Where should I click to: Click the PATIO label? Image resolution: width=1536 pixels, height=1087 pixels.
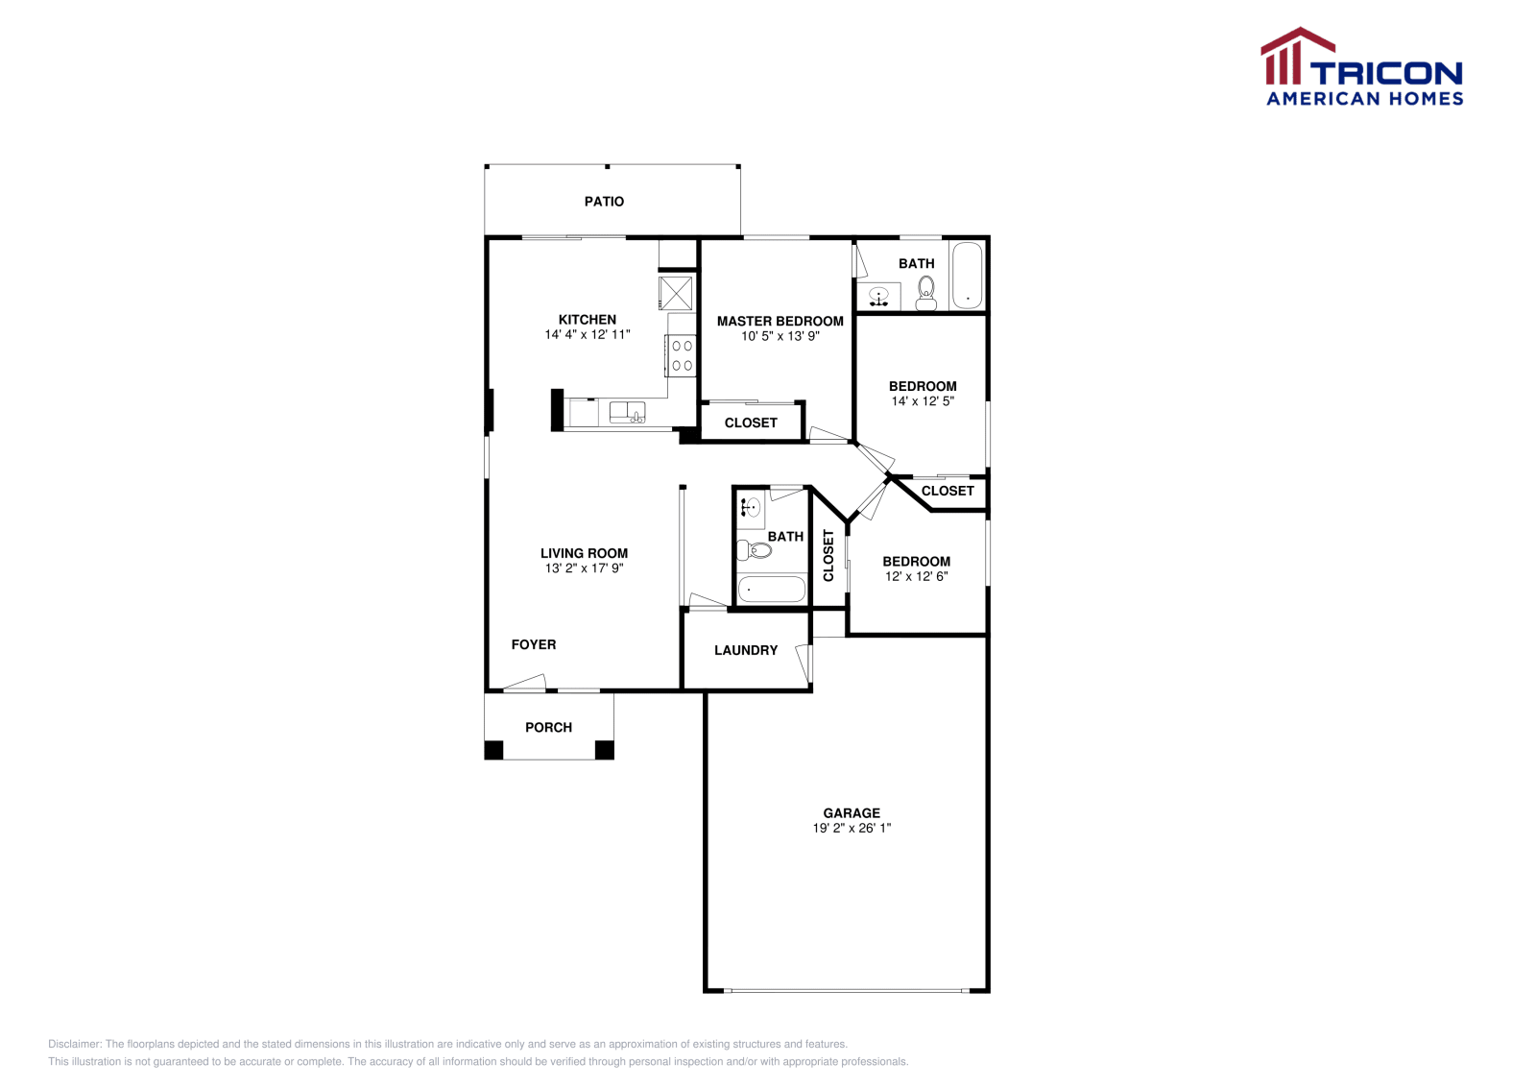pos(604,202)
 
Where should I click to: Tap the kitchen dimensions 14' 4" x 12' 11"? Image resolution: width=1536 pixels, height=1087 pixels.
pos(588,335)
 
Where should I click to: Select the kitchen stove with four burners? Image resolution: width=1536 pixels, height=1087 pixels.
pos(682,355)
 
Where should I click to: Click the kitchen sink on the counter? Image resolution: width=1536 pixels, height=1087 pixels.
pos(627,413)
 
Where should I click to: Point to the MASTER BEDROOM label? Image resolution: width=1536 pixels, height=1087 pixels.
pos(780,322)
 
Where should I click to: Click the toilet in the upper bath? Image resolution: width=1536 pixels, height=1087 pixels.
pos(925,292)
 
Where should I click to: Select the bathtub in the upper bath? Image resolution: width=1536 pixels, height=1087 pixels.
pos(967,275)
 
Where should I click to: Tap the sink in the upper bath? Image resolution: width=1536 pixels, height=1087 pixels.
pos(878,297)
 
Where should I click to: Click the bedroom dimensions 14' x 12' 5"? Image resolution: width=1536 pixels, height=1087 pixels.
pos(923,401)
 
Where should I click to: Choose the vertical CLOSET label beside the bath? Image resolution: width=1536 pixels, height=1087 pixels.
pos(828,555)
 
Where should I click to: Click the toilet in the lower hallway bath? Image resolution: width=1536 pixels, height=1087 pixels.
pos(755,550)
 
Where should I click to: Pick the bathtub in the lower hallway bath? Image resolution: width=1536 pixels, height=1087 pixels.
pos(772,589)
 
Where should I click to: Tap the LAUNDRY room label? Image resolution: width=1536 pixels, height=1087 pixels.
pos(746,650)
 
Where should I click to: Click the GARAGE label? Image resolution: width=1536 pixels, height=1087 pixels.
pos(852,813)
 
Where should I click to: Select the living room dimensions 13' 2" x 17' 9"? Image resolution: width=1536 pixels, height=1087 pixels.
pos(584,568)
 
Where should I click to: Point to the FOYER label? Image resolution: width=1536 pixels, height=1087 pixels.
pos(534,645)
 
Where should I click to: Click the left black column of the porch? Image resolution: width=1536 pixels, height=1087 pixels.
pos(493,750)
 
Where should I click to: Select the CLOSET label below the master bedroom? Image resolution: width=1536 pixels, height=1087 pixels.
pos(751,423)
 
